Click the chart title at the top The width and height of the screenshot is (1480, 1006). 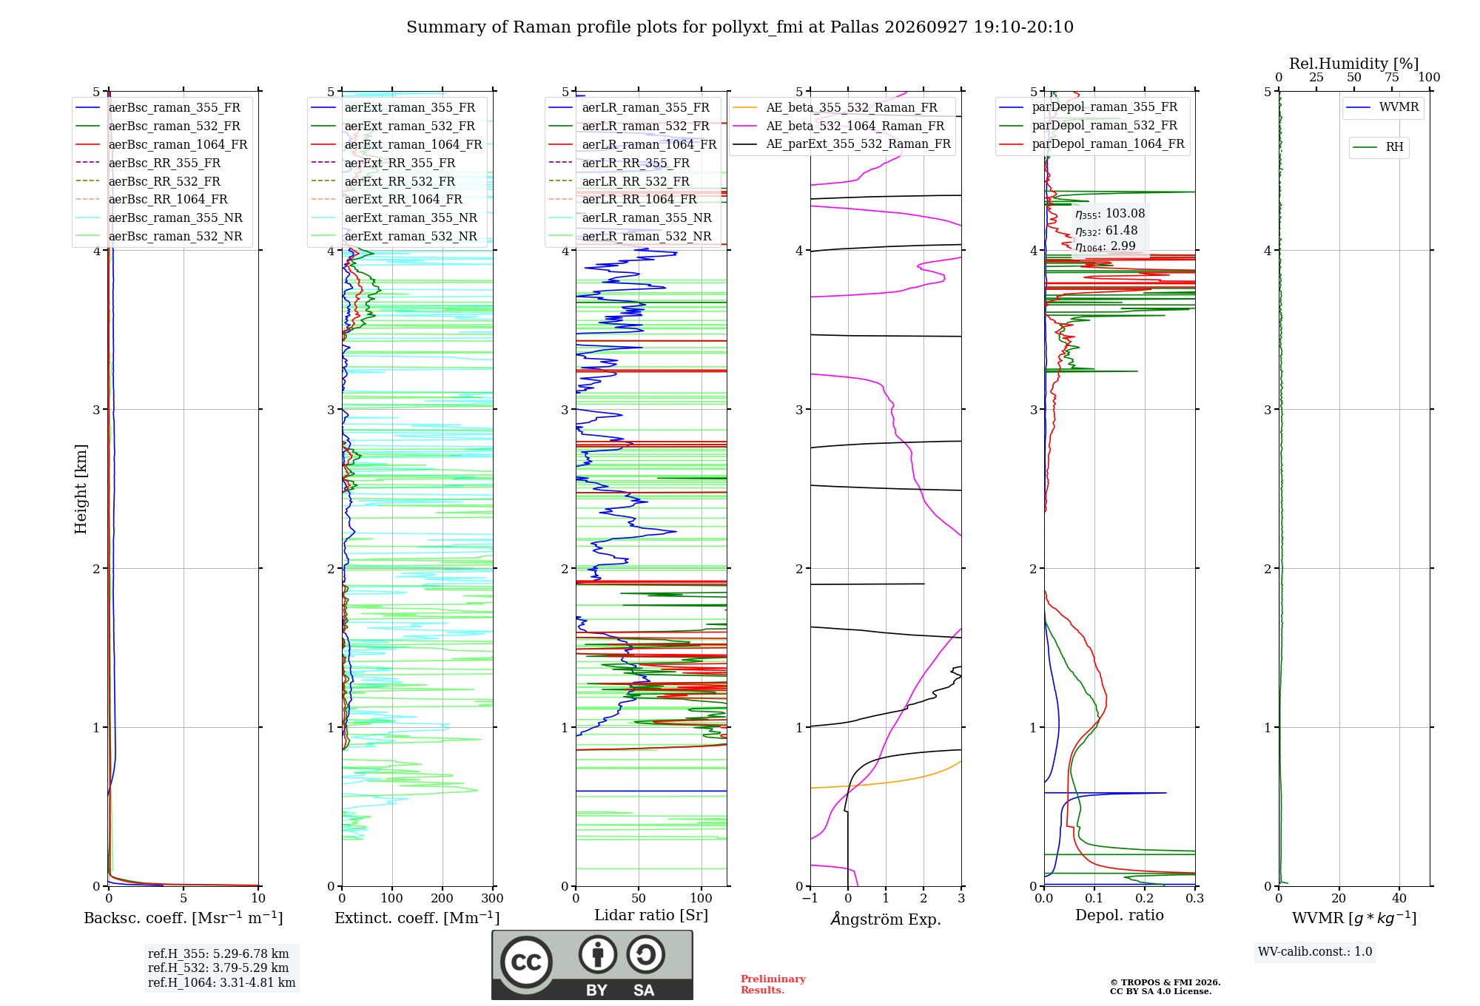[x=740, y=27]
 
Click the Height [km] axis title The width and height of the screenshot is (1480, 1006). [x=81, y=489]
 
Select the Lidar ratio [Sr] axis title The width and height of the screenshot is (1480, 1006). [x=651, y=916]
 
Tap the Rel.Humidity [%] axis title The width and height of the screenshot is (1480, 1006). [x=1354, y=64]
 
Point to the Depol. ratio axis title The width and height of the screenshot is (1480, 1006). [x=1120, y=916]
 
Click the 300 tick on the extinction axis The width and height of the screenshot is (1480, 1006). [x=493, y=899]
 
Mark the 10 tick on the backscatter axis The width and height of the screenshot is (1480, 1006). [x=258, y=899]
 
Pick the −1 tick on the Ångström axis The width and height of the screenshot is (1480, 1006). [x=810, y=899]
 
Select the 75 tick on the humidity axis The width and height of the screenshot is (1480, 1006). [x=1392, y=77]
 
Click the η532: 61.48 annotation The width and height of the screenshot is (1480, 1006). [x=1106, y=231]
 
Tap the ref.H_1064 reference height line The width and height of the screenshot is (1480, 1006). [x=221, y=983]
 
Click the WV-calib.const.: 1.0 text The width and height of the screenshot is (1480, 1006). [x=1315, y=952]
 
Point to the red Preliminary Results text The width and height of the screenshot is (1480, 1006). [x=773, y=985]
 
